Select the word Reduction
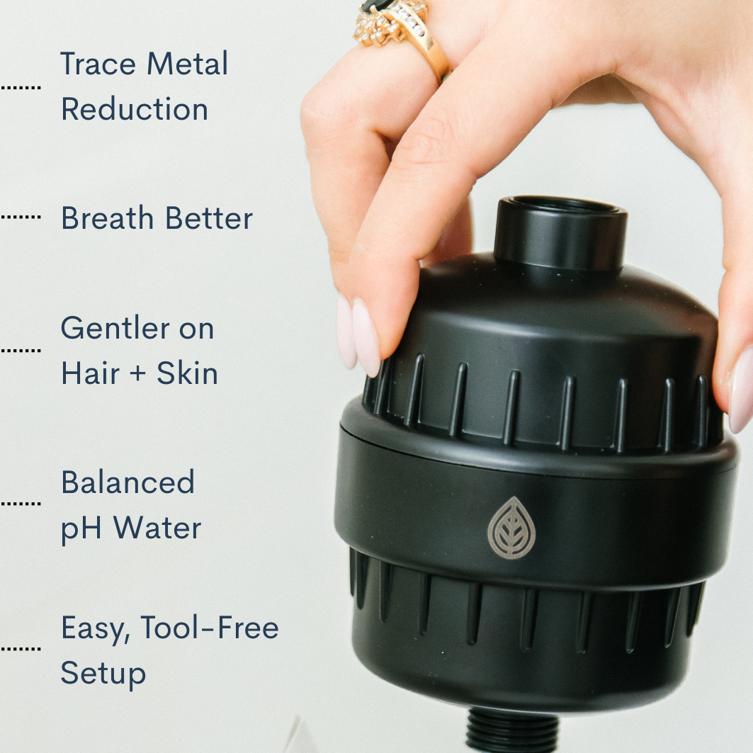click(x=135, y=110)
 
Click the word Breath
click(x=103, y=219)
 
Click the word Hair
click(x=85, y=374)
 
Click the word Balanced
click(x=128, y=483)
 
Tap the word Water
click(x=157, y=528)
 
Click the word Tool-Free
click(x=209, y=628)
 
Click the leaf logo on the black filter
click(x=511, y=528)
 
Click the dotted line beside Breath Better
click(x=20, y=215)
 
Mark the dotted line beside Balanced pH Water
click(x=20, y=504)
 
